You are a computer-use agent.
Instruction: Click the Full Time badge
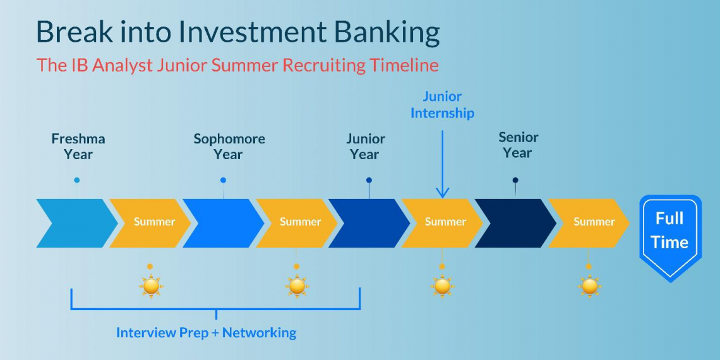coord(670,235)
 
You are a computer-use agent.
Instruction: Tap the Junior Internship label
coord(442,105)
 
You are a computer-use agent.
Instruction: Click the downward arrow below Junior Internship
coord(442,164)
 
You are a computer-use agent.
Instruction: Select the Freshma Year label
coord(78,147)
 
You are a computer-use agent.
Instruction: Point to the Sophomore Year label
coord(229,147)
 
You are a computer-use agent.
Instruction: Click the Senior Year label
coord(518,145)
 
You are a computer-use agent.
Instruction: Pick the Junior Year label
coord(365,147)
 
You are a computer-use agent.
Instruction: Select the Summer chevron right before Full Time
coord(590,222)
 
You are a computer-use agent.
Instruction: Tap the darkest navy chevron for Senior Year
coord(515,222)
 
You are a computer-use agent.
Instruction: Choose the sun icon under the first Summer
coord(150,286)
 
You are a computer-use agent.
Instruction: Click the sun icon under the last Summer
coord(589,286)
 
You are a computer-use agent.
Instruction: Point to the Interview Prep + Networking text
coord(206,332)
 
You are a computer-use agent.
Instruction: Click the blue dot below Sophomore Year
coord(223,180)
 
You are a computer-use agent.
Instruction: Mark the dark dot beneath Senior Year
coord(515,180)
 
